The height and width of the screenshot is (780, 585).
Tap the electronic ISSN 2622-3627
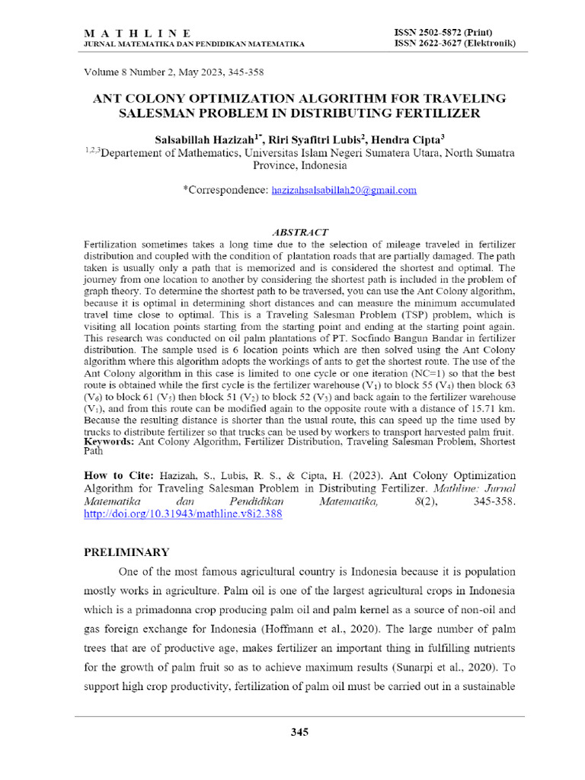click(454, 43)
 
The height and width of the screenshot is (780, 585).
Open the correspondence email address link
click(344, 190)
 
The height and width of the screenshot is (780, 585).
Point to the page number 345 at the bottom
click(299, 732)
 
